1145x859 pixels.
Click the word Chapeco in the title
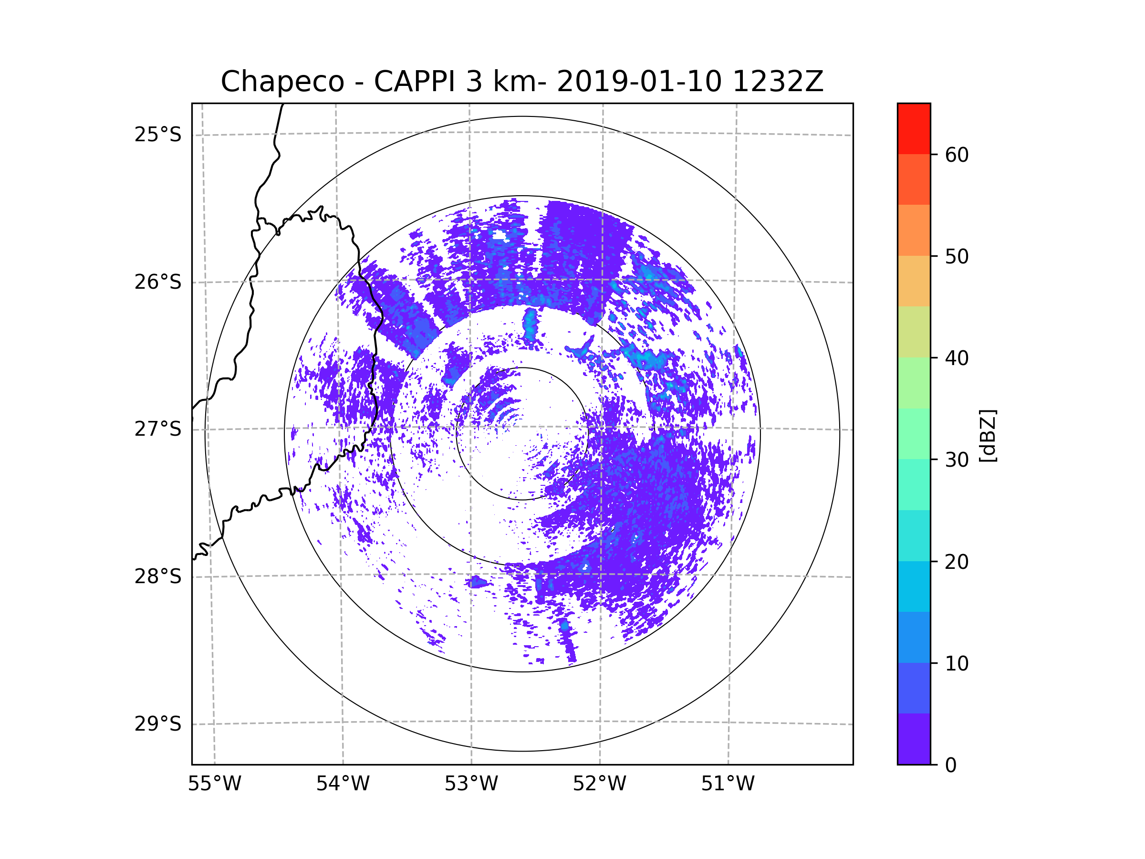coord(282,82)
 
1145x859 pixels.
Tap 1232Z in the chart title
coord(778,82)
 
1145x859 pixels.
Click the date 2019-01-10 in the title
coord(639,82)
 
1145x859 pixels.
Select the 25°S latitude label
coord(158,135)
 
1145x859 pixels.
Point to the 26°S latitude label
coord(158,282)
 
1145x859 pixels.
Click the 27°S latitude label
coord(158,429)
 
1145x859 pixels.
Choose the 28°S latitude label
coord(158,576)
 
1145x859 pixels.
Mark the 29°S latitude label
coord(158,724)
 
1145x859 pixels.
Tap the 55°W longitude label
coord(214,784)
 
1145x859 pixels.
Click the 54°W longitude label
coord(343,784)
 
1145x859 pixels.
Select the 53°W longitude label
coord(471,784)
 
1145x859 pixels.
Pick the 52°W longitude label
coord(599,784)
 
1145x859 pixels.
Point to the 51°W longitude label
coord(728,784)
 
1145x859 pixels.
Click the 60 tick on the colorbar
coord(957,155)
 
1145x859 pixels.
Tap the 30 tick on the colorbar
coord(957,460)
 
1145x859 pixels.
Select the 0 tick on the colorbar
coord(951,765)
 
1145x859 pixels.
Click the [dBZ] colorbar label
coord(988,435)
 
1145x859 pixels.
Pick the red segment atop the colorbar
coord(914,128)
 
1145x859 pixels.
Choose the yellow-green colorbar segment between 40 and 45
coord(914,332)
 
